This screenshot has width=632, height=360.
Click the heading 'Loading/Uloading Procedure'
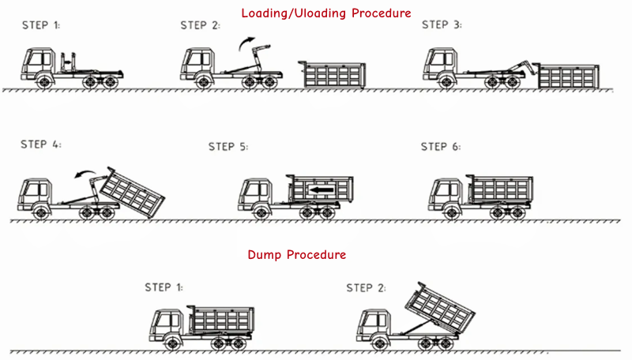click(x=326, y=13)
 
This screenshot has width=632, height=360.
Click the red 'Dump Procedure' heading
click(x=297, y=255)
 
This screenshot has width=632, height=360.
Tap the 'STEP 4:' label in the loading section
click(x=40, y=144)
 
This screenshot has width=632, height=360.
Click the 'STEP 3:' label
click(x=442, y=25)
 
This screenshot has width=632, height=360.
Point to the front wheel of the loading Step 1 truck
click(x=43, y=81)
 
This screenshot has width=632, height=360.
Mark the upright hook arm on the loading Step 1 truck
click(x=70, y=62)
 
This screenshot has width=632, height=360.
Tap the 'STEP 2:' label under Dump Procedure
click(x=366, y=287)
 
